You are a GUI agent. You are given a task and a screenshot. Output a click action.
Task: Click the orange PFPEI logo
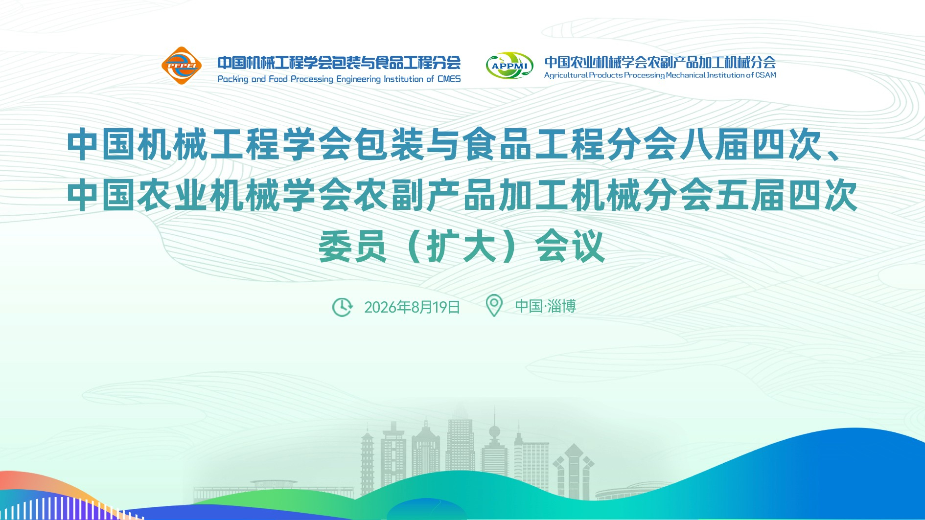click(x=182, y=66)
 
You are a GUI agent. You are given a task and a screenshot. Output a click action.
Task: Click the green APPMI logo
click(x=509, y=66)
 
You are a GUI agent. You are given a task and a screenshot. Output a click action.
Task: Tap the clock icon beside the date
click(x=342, y=307)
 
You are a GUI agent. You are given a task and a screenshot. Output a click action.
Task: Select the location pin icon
click(x=494, y=305)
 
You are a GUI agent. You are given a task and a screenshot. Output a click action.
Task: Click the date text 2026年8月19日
click(x=412, y=307)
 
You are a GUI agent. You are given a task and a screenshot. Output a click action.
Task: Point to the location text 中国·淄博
click(x=545, y=306)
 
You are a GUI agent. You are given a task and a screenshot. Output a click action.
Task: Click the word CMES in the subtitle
click(x=449, y=79)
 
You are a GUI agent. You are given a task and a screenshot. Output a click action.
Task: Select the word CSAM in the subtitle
click(x=765, y=75)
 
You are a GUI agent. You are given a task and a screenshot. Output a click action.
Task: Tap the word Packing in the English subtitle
click(x=233, y=79)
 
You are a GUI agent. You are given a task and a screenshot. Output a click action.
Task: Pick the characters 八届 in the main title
click(x=715, y=145)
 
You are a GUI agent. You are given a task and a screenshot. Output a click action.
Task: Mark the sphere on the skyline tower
click(x=495, y=432)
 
